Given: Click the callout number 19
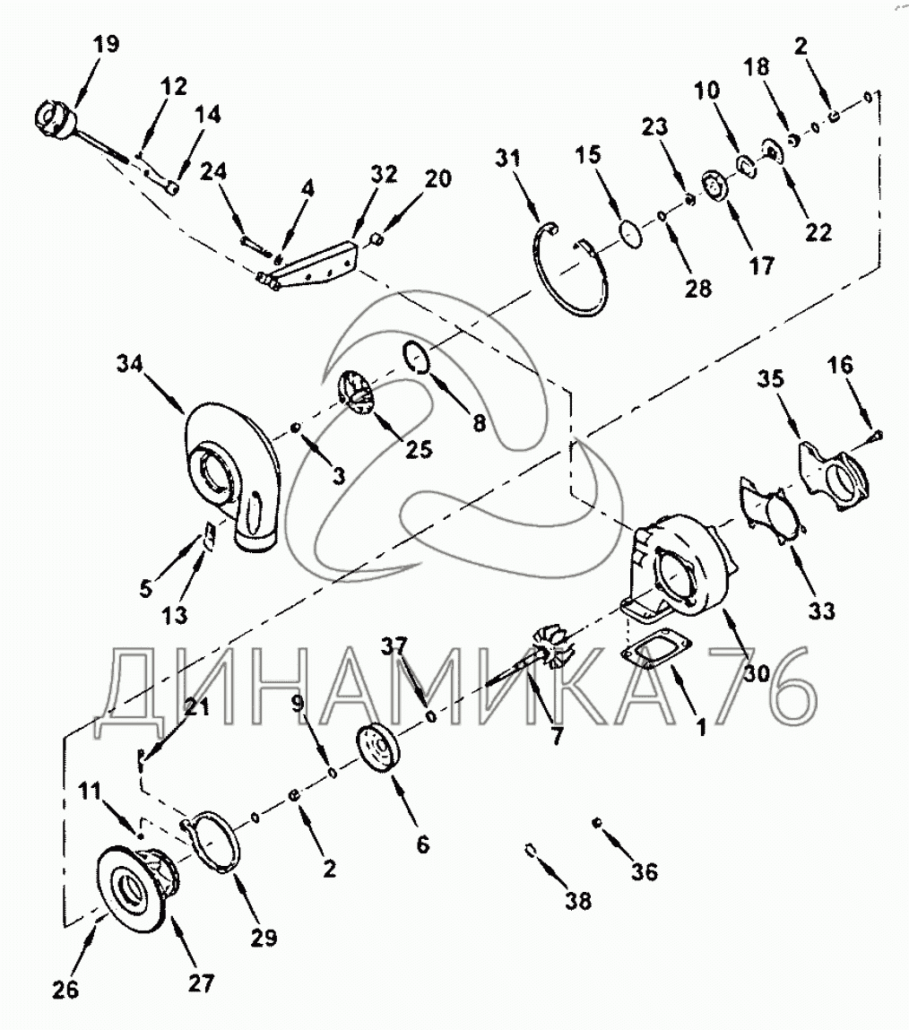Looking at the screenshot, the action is (105, 43).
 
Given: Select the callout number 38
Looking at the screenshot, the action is (579, 901).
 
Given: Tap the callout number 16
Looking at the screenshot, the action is (840, 365).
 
